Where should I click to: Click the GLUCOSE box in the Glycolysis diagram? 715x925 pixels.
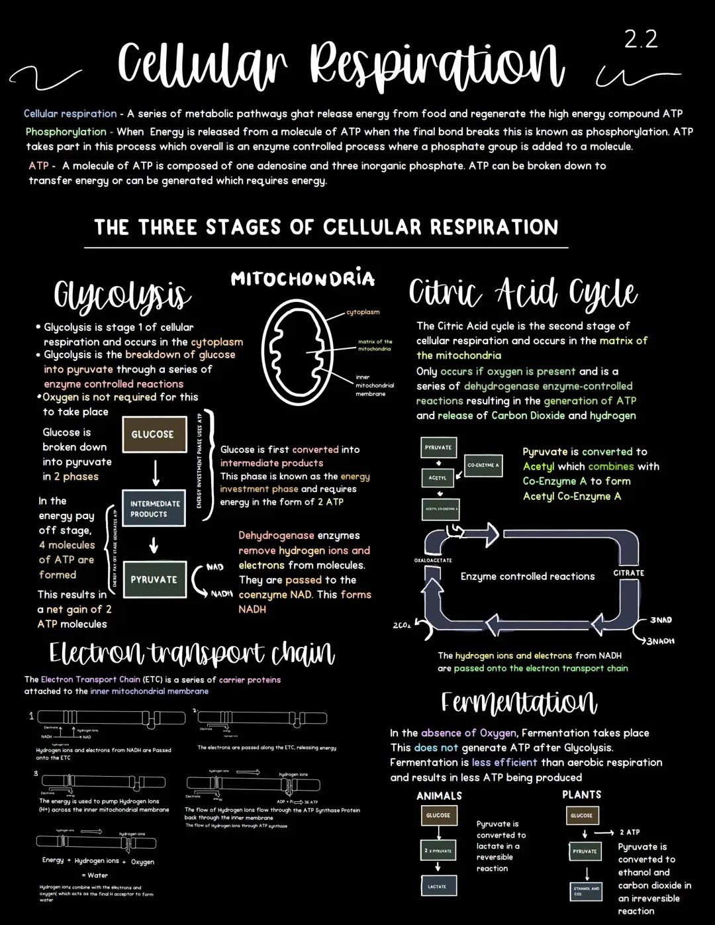(x=154, y=434)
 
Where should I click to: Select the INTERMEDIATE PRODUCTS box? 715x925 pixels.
(x=154, y=509)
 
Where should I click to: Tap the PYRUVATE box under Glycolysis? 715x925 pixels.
(x=154, y=579)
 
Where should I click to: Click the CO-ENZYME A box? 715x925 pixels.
(x=483, y=465)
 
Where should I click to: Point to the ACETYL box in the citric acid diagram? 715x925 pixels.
(x=438, y=477)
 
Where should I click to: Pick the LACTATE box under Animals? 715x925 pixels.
(x=438, y=886)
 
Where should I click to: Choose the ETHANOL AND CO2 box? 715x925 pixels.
(x=586, y=891)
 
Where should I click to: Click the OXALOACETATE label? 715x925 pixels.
(x=433, y=560)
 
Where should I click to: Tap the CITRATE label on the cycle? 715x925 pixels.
(x=628, y=573)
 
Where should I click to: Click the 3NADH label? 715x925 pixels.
(x=660, y=641)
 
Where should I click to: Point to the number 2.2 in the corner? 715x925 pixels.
(x=641, y=40)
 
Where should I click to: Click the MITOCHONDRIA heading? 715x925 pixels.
(x=303, y=279)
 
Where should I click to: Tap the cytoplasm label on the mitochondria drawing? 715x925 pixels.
(x=363, y=312)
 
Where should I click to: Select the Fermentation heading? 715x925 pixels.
(x=519, y=702)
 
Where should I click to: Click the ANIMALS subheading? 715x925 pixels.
(x=439, y=796)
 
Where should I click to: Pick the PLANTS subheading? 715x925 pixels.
(x=582, y=795)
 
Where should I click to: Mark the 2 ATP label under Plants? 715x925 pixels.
(x=630, y=832)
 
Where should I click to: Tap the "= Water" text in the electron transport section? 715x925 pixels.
(x=94, y=875)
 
